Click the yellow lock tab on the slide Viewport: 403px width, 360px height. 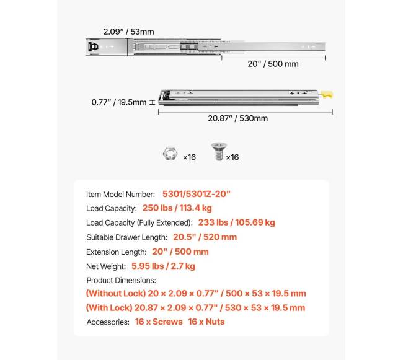pyautogui.click(x=327, y=95)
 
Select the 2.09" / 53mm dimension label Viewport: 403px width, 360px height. pyautogui.click(x=129, y=30)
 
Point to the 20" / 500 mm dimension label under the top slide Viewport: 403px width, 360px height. pyautogui.click(x=273, y=64)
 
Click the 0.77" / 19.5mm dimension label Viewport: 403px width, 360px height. pyautogui.click(x=118, y=102)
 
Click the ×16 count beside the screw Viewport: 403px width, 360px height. pyautogui.click(x=232, y=157)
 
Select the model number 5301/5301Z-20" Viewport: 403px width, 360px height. pyautogui.click(x=197, y=194)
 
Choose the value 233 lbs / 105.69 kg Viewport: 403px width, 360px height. pyautogui.click(x=236, y=222)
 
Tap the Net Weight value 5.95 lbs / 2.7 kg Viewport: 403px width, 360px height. pyautogui.click(x=163, y=266)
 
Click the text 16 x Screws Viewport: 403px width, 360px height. pyautogui.click(x=158, y=322)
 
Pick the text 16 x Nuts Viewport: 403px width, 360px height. pyautogui.click(x=206, y=322)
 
